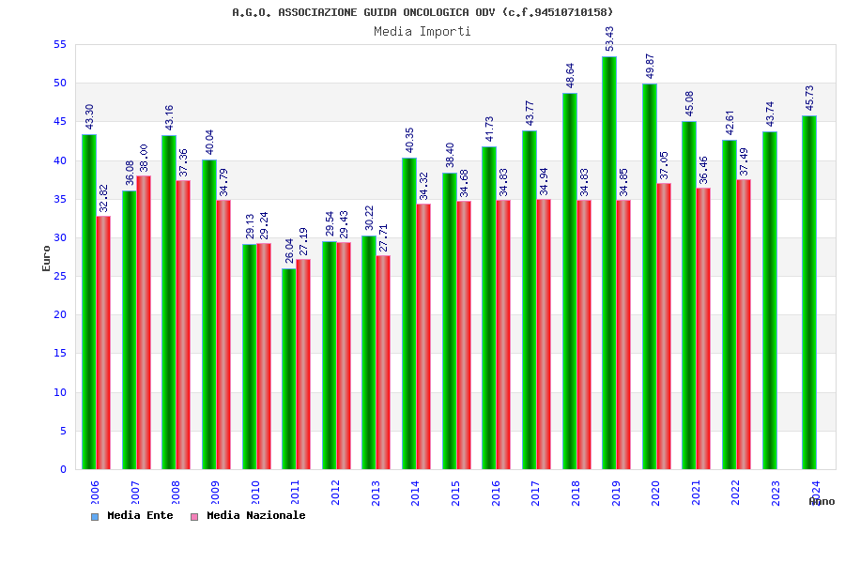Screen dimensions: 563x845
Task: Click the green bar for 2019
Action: pyautogui.click(x=609, y=263)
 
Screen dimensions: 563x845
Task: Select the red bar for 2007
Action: pyautogui.click(x=144, y=322)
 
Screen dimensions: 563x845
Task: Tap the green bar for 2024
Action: pyautogui.click(x=809, y=292)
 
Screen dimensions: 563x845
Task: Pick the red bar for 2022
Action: pyautogui.click(x=744, y=324)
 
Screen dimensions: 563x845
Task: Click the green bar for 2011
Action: pyautogui.click(x=289, y=369)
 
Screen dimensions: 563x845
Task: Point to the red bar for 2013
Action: pyautogui.click(x=383, y=362)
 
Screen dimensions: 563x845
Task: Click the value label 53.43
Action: pyautogui.click(x=609, y=38)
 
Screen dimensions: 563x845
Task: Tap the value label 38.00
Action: pyautogui.click(x=144, y=158)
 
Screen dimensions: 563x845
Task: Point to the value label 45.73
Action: pyautogui.click(x=809, y=98)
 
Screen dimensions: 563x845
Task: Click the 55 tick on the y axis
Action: pyautogui.click(x=59, y=44)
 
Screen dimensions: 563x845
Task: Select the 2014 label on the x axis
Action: pyautogui.click(x=416, y=494)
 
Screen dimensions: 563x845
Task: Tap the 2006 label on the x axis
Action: pyautogui.click(x=96, y=494)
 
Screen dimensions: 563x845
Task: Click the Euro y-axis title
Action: pyautogui.click(x=47, y=258)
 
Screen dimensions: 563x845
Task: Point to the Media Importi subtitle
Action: pyautogui.click(x=422, y=31)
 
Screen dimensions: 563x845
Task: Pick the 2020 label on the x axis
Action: pyautogui.click(x=656, y=494)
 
